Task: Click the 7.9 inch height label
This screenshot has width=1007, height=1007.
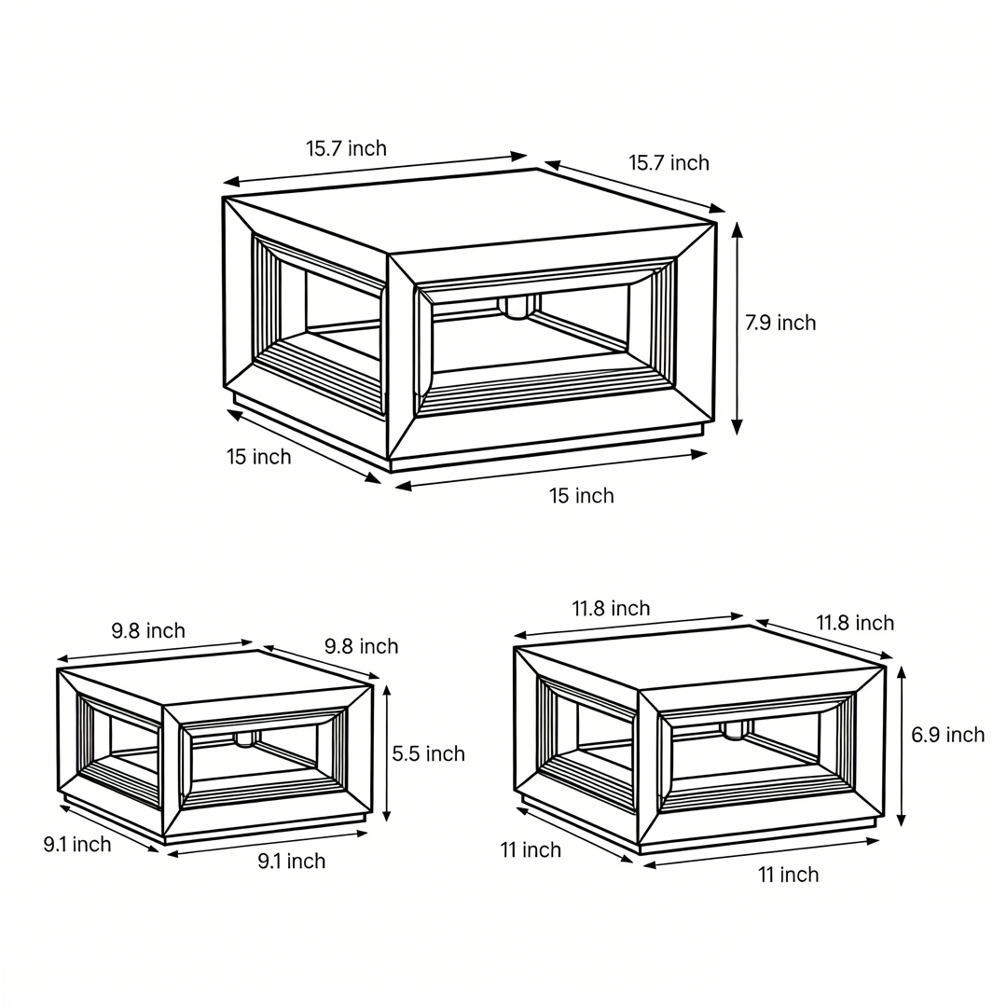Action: click(x=779, y=323)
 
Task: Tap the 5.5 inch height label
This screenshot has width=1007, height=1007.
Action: click(x=428, y=753)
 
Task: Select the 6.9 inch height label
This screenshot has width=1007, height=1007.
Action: click(x=947, y=735)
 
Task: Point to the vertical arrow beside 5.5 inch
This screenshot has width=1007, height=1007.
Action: click(x=386, y=752)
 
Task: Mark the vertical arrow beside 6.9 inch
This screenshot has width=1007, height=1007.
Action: click(x=901, y=746)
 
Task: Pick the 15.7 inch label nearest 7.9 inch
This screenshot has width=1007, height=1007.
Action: click(x=669, y=163)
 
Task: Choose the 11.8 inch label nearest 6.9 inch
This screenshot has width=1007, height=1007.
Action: click(x=855, y=623)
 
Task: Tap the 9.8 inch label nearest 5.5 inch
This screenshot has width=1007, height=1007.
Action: click(x=361, y=646)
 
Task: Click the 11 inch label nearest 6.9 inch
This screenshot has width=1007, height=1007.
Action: click(x=788, y=875)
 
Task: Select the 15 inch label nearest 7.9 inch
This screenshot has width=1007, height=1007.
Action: click(x=581, y=496)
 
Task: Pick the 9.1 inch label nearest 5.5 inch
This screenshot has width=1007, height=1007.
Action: click(x=292, y=862)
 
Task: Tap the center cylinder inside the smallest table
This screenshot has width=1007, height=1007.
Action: click(x=247, y=738)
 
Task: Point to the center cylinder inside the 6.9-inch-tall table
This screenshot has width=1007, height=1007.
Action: click(x=735, y=729)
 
